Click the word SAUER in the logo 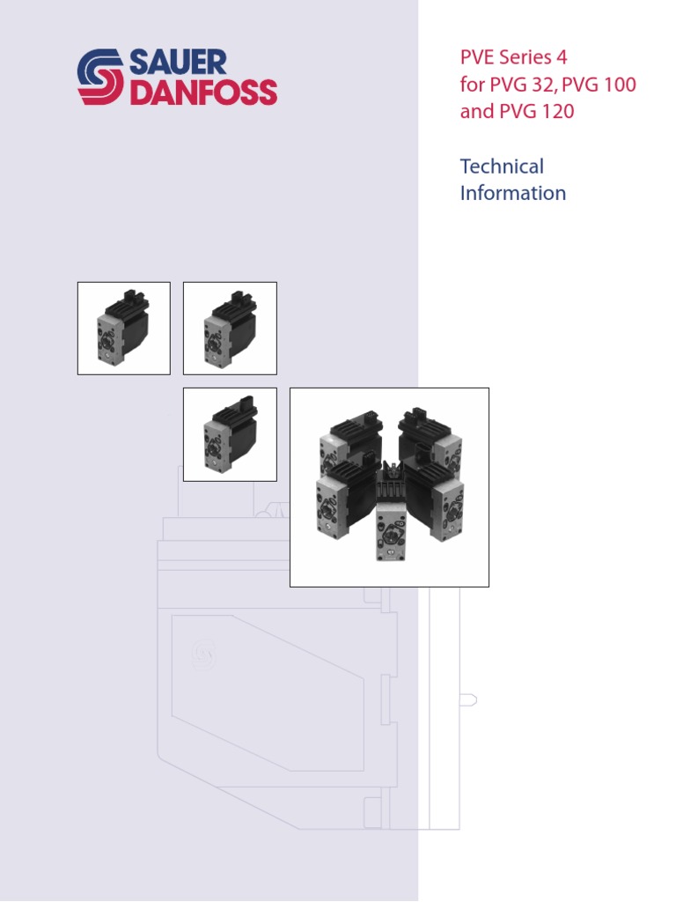click(x=178, y=63)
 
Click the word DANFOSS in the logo click(x=203, y=92)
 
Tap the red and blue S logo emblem click(x=101, y=78)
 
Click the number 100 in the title click(x=615, y=85)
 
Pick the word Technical click(x=502, y=166)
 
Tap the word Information click(x=512, y=193)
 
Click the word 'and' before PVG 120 click(x=476, y=113)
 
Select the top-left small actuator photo click(x=124, y=328)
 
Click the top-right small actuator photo click(x=230, y=328)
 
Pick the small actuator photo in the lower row click(x=230, y=434)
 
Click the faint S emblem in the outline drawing click(x=204, y=654)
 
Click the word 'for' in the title click(x=471, y=85)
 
